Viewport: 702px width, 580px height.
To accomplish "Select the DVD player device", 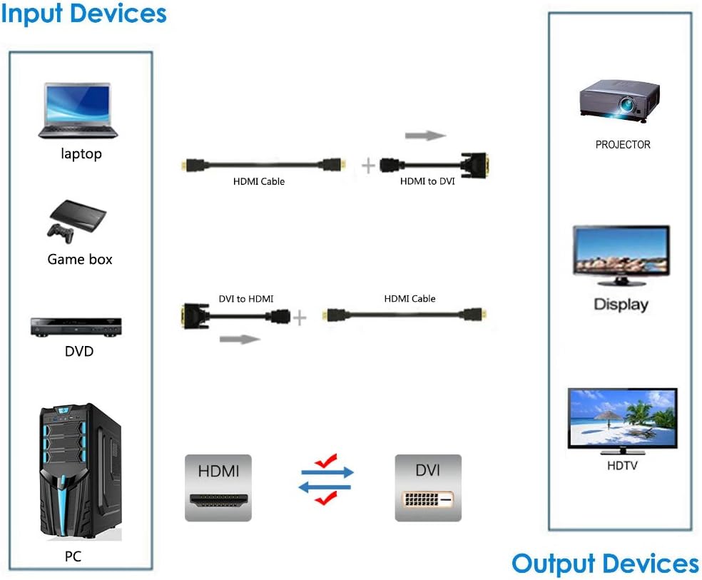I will [x=75, y=326].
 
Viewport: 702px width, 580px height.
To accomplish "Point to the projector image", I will [x=619, y=99].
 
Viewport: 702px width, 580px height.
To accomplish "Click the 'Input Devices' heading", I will [x=83, y=14].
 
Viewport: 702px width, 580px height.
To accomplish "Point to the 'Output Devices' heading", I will [x=605, y=564].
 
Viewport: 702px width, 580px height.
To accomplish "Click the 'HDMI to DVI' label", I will [x=427, y=182].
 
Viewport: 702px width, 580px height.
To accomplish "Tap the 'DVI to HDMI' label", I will [x=246, y=299].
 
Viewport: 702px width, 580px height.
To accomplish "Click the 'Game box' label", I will [x=80, y=260].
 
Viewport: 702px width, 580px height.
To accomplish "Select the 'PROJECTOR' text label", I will [x=623, y=145].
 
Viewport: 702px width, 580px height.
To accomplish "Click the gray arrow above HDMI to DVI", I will [x=425, y=136].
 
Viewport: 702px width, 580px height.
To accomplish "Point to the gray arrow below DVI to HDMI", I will [x=240, y=339].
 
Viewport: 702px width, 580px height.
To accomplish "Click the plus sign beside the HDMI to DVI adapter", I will [x=368, y=166].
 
